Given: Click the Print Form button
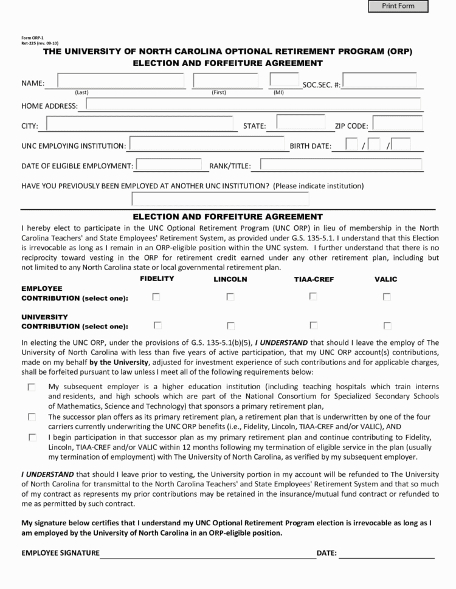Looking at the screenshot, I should click(x=398, y=6).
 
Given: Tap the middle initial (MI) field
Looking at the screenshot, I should click(x=284, y=81).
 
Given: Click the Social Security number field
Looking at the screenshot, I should click(x=379, y=81).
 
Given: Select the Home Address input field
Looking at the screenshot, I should click(x=254, y=104).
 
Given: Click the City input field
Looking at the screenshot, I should click(x=142, y=124).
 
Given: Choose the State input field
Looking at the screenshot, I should click(x=300, y=123).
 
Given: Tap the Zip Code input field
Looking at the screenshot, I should click(x=398, y=124).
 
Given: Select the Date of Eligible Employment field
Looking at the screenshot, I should click(x=168, y=165).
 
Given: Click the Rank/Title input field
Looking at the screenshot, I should click(x=341, y=165).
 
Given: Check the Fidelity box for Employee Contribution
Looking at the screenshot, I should click(x=157, y=297).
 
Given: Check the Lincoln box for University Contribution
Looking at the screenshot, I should click(x=230, y=325).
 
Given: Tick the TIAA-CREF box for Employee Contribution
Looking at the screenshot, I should click(x=313, y=296).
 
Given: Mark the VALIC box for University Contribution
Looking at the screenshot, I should click(x=387, y=325).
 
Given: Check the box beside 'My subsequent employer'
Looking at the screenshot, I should click(x=32, y=387).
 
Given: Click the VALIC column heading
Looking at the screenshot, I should click(x=385, y=279).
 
